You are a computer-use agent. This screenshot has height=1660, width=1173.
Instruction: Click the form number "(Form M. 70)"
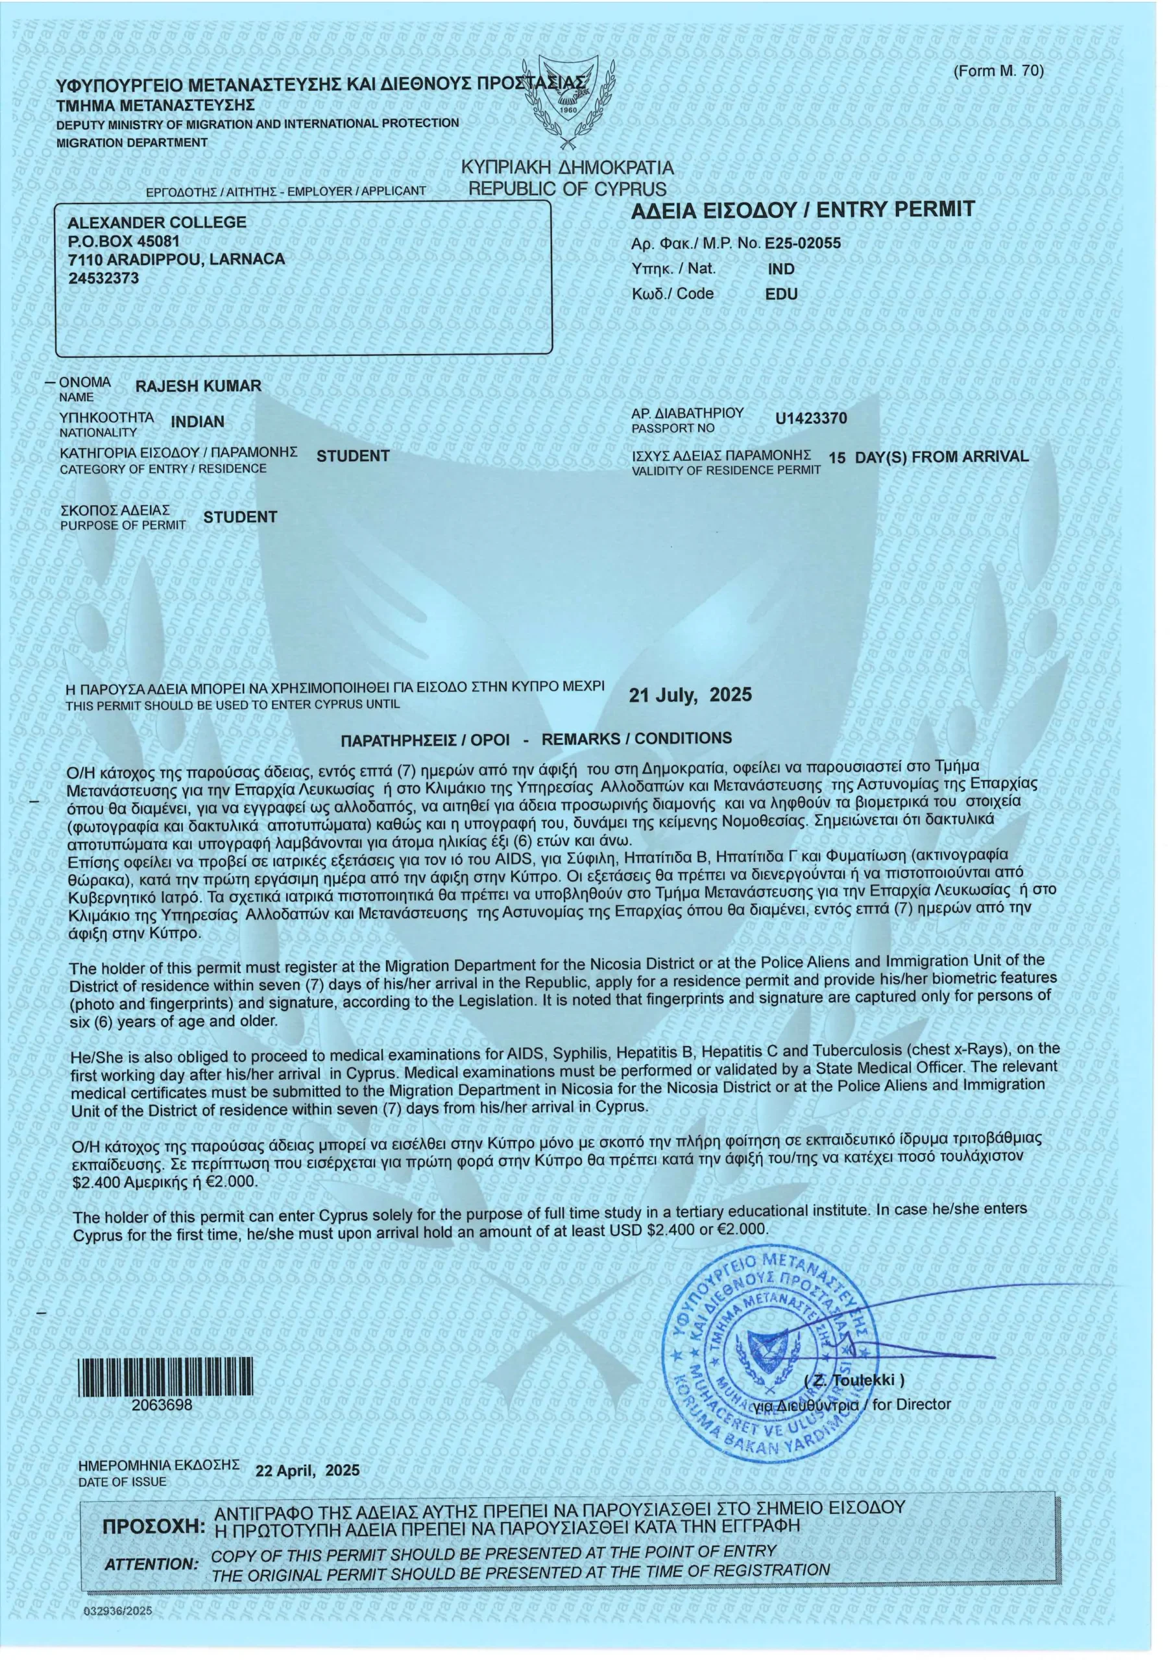[x=998, y=71]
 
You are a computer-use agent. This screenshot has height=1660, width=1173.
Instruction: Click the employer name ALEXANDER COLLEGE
[x=156, y=222]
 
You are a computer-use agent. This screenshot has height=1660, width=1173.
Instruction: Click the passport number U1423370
[x=811, y=419]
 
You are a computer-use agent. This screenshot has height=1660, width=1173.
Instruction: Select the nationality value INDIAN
[x=197, y=421]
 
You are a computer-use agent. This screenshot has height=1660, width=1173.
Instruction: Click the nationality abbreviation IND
[x=781, y=270]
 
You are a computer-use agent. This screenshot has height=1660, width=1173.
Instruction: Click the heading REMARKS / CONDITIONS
[x=536, y=740]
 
